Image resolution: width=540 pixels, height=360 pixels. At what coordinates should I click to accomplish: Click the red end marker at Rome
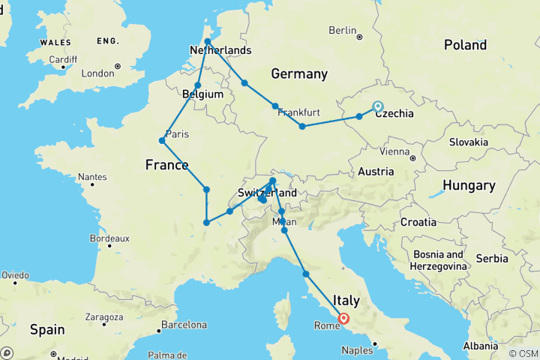[343, 318]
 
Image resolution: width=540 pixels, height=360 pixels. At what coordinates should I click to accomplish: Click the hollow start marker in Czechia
[377, 106]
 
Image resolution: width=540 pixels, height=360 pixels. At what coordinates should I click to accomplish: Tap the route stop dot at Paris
[162, 140]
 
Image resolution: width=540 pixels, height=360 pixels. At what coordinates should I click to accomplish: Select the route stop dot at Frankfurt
[276, 106]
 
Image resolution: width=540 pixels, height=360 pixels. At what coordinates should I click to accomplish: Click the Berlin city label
[342, 30]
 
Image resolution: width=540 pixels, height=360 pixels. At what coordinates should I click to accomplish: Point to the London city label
[97, 73]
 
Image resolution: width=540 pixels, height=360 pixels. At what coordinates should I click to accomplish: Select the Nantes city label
[92, 177]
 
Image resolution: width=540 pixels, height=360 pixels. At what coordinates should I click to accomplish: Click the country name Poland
[464, 45]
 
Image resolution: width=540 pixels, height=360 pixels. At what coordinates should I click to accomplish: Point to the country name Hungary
[468, 185]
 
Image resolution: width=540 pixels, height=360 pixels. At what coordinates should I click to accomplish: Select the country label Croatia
[418, 222]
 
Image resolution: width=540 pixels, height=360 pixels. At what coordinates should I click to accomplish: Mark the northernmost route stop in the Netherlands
[208, 42]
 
